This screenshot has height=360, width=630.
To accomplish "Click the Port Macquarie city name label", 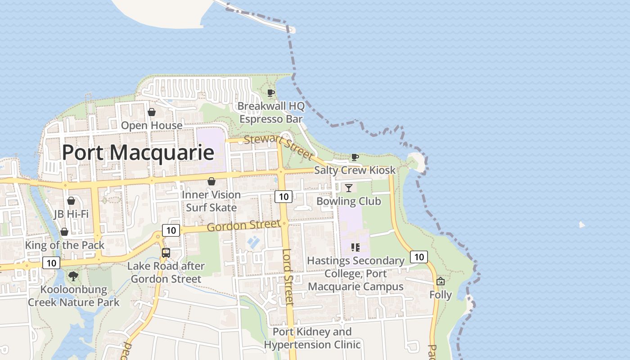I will (x=138, y=153).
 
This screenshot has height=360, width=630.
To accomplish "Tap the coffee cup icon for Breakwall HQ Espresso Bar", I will (x=270, y=93).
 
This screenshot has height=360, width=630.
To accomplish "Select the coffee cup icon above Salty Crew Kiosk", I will (x=355, y=157).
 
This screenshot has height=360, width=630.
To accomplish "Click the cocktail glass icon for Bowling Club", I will (x=349, y=188).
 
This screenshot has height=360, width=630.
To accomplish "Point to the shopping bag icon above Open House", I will (x=152, y=112).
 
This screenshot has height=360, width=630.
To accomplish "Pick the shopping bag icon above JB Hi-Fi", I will (x=71, y=201).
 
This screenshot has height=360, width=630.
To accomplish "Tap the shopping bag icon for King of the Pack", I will (x=64, y=232).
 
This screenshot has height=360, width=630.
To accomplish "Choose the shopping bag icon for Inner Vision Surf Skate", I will (x=211, y=181).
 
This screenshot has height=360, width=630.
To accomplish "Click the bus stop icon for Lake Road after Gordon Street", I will (x=166, y=252).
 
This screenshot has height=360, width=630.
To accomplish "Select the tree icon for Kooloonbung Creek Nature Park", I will (x=73, y=276).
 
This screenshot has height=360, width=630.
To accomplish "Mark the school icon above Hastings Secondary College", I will (x=355, y=247).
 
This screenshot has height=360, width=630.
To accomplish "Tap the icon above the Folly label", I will (x=441, y=281).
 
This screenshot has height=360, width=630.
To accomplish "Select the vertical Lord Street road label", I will (x=288, y=277).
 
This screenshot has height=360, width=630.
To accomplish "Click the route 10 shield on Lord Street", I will (x=283, y=196).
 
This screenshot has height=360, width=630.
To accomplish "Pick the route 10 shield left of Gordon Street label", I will (x=171, y=230).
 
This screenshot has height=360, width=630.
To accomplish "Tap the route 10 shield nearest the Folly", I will (x=419, y=257).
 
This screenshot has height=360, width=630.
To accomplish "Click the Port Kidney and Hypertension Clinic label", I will (x=312, y=338).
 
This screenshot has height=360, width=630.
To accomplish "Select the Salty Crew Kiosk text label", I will (x=355, y=170).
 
